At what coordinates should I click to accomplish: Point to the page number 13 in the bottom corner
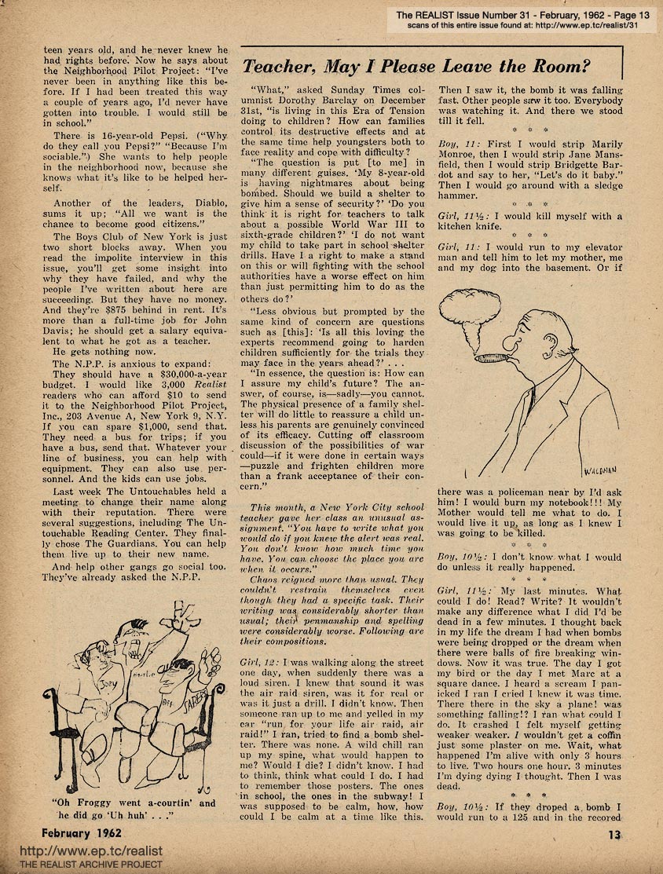pos(616,836)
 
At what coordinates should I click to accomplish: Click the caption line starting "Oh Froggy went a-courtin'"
pos(133,803)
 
